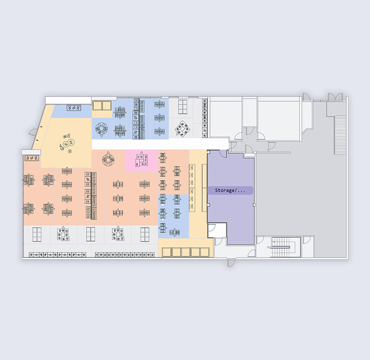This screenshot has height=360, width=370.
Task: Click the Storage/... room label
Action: tap(230, 190)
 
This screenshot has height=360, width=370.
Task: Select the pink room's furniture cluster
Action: tap(141, 160)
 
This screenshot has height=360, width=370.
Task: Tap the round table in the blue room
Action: tap(102, 128)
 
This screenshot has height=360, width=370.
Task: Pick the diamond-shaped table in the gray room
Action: tap(182, 128)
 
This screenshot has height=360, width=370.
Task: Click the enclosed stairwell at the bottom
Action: tap(281, 247)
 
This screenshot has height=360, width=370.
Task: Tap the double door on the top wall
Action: tap(335, 96)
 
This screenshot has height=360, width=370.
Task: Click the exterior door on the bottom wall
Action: tap(231, 263)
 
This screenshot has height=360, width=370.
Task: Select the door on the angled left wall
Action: tap(33, 132)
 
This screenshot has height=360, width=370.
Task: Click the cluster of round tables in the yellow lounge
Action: tap(67, 144)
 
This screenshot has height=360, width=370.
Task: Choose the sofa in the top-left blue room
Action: tap(74, 108)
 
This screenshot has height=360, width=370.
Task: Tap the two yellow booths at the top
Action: tap(102, 105)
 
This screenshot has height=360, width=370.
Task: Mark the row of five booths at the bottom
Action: tap(185, 252)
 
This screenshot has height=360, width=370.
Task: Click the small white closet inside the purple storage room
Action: tap(217, 230)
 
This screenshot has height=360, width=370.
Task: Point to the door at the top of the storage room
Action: tap(223, 153)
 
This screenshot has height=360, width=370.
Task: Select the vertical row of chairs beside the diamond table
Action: tap(205, 118)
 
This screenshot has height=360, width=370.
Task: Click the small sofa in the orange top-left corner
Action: tap(32, 158)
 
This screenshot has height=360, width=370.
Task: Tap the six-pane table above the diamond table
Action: tap(183, 107)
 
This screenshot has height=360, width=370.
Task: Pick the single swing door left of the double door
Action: tap(306, 96)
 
